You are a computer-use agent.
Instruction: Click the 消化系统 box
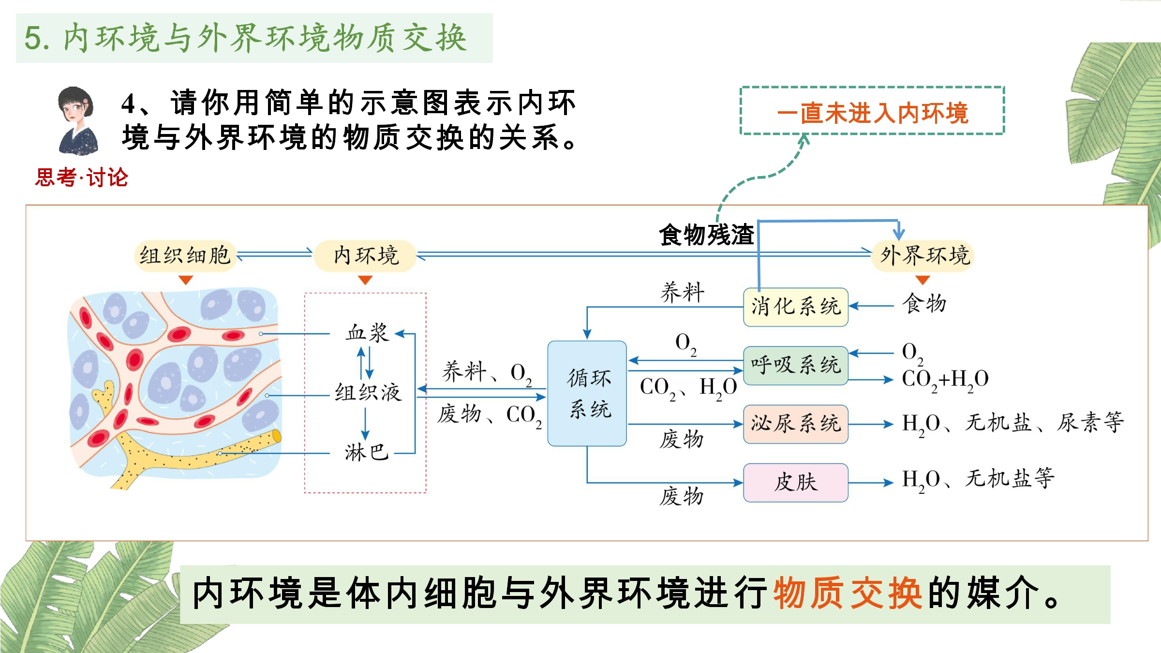pos(795,307)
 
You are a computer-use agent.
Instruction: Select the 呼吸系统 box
pos(795,365)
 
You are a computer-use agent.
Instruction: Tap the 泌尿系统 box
pos(795,424)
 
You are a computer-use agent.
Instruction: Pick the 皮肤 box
pos(795,482)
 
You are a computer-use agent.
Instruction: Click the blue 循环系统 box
pos(587,393)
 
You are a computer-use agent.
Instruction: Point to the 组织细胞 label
pos(185,255)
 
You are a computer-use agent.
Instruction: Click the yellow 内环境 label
pos(365,255)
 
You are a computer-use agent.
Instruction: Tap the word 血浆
pos(367,333)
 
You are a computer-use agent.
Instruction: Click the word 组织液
pos(368,392)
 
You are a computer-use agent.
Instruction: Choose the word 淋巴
pos(366,453)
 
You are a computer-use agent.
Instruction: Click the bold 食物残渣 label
pos(706,235)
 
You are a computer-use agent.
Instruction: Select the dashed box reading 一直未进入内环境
pos(872,111)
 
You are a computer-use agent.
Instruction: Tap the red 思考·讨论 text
pos(82,178)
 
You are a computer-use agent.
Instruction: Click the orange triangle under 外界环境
pos(923,280)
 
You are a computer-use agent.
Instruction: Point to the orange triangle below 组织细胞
pos(186,280)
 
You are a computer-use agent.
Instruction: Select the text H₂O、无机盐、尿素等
pos(1012,423)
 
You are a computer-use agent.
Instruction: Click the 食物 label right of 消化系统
pos(924,304)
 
